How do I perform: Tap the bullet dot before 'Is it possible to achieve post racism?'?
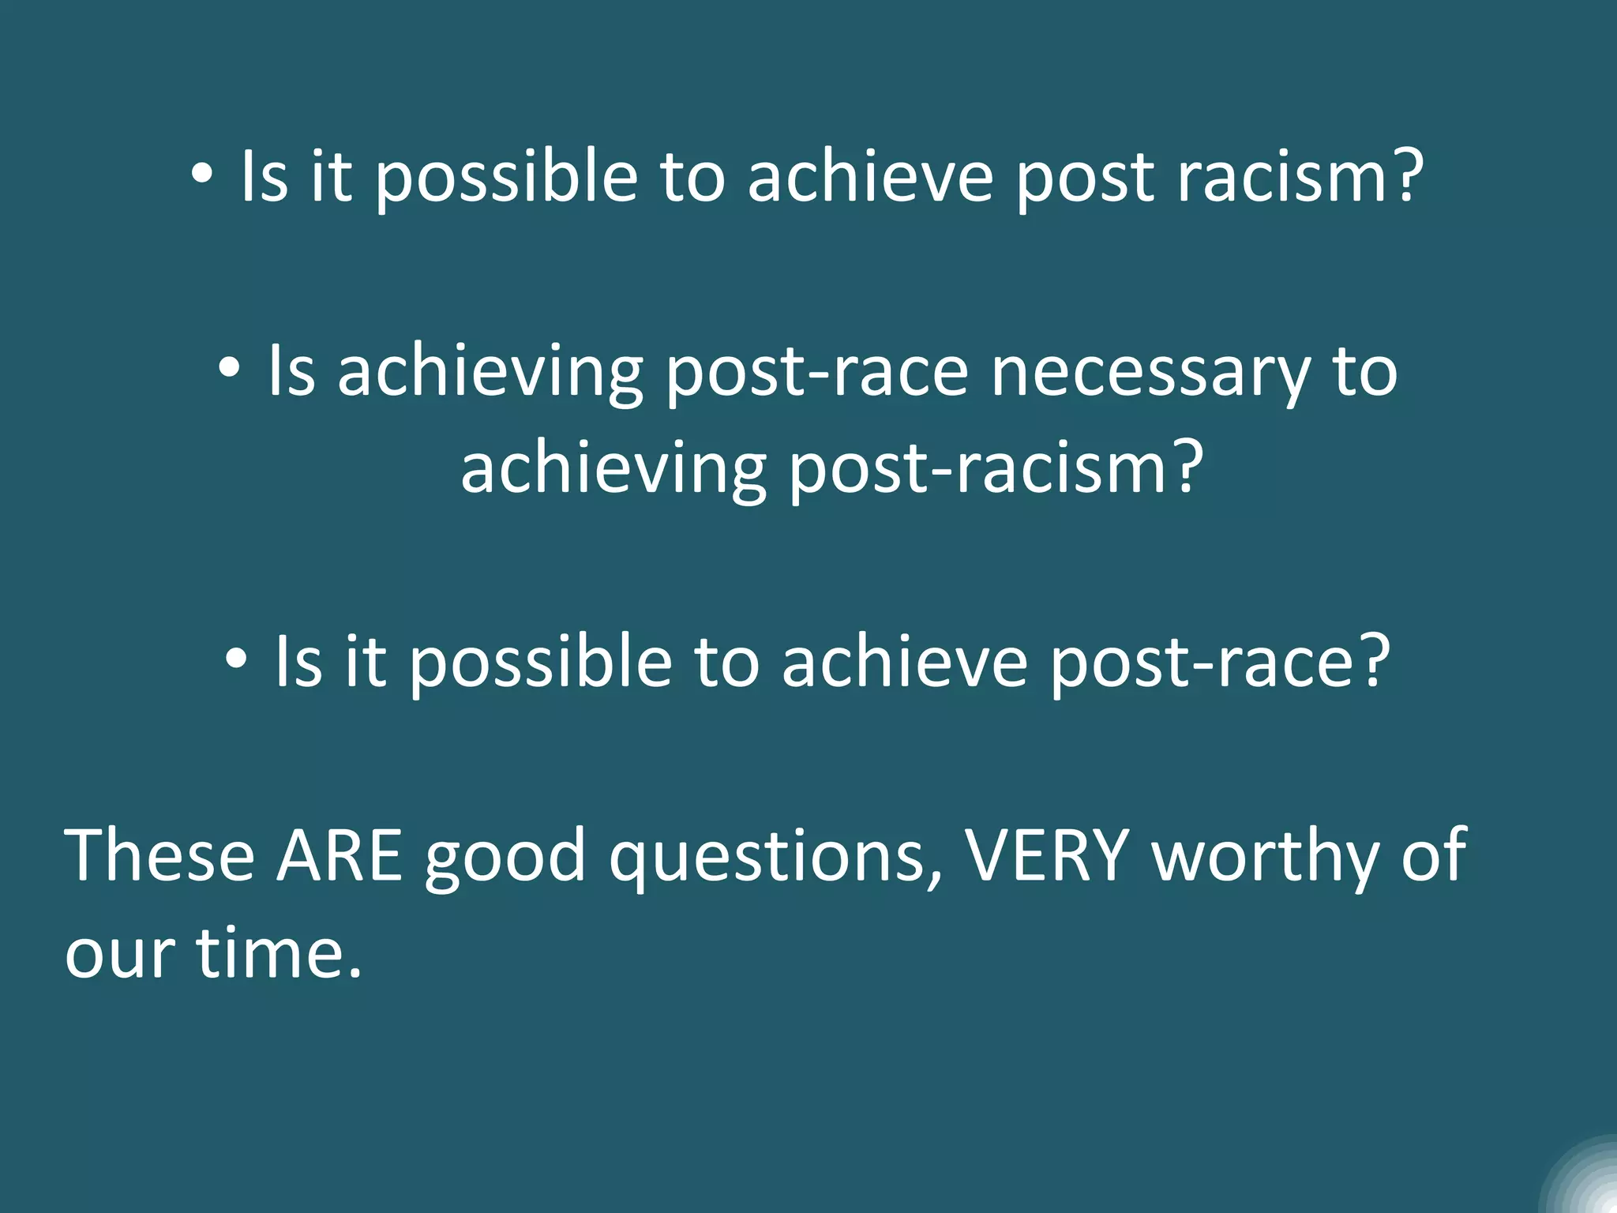pos(202,175)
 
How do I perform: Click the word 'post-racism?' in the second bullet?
pos(996,469)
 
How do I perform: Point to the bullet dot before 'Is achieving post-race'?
pos(229,368)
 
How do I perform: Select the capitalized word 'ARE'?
pos(340,856)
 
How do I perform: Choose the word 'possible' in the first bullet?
pos(505,178)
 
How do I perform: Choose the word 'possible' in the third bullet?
pos(540,663)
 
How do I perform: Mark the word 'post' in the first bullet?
pos(1085,178)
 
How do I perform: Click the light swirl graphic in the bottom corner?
pos(1583,1180)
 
